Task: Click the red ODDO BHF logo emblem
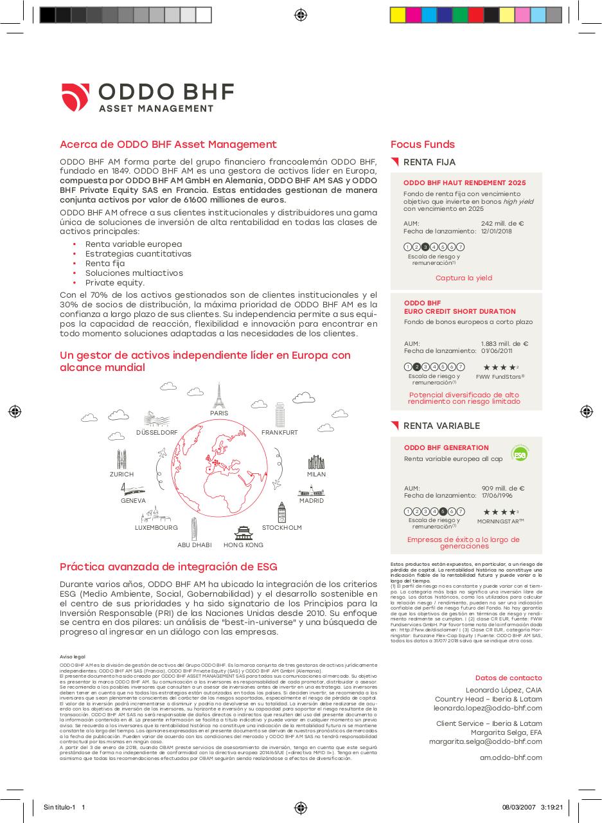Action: [76, 97]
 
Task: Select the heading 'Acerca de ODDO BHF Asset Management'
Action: [168, 145]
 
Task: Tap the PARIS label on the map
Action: [219, 413]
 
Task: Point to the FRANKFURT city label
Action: [279, 433]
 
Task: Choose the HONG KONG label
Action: [243, 545]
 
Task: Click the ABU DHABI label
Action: [194, 545]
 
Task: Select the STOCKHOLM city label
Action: [281, 528]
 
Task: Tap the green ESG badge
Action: [519, 453]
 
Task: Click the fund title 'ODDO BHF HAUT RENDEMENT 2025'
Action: [465, 183]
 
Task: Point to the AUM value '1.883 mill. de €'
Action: [504, 344]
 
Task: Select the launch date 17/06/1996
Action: [497, 496]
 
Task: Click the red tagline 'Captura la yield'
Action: [463, 278]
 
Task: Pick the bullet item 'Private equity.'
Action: [115, 283]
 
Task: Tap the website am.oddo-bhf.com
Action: [511, 757]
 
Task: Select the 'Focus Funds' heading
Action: [422, 145]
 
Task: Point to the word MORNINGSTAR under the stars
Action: [500, 521]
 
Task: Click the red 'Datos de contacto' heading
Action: [508, 678]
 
